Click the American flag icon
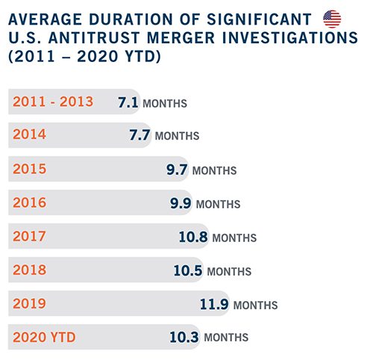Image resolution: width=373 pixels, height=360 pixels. (x=332, y=19)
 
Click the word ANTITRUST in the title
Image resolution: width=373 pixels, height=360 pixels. (x=94, y=38)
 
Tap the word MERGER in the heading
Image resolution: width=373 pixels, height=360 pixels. (x=181, y=38)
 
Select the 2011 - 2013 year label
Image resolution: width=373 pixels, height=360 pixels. (x=53, y=102)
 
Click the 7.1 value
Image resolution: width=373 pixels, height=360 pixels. (x=128, y=102)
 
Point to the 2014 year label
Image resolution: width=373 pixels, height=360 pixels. (x=29, y=134)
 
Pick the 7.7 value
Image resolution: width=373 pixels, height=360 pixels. (x=140, y=135)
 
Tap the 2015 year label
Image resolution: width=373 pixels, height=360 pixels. (x=30, y=169)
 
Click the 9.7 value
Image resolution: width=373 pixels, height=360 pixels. (x=177, y=170)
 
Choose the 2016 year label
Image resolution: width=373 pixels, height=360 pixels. (x=30, y=202)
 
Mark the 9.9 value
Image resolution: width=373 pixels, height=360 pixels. (x=181, y=203)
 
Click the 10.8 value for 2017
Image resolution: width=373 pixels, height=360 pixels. (x=193, y=237)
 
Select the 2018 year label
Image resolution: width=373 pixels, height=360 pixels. (x=30, y=270)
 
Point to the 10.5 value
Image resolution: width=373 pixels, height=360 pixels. (x=188, y=270)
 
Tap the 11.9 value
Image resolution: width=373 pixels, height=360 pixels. (x=214, y=304)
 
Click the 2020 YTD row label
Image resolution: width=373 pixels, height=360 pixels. (x=44, y=338)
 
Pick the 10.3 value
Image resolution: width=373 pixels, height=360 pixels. (x=184, y=337)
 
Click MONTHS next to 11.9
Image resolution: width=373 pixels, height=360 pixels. (x=255, y=305)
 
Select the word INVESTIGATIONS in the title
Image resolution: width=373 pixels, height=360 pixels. (x=290, y=38)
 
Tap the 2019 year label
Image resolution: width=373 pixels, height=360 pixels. (x=30, y=303)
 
